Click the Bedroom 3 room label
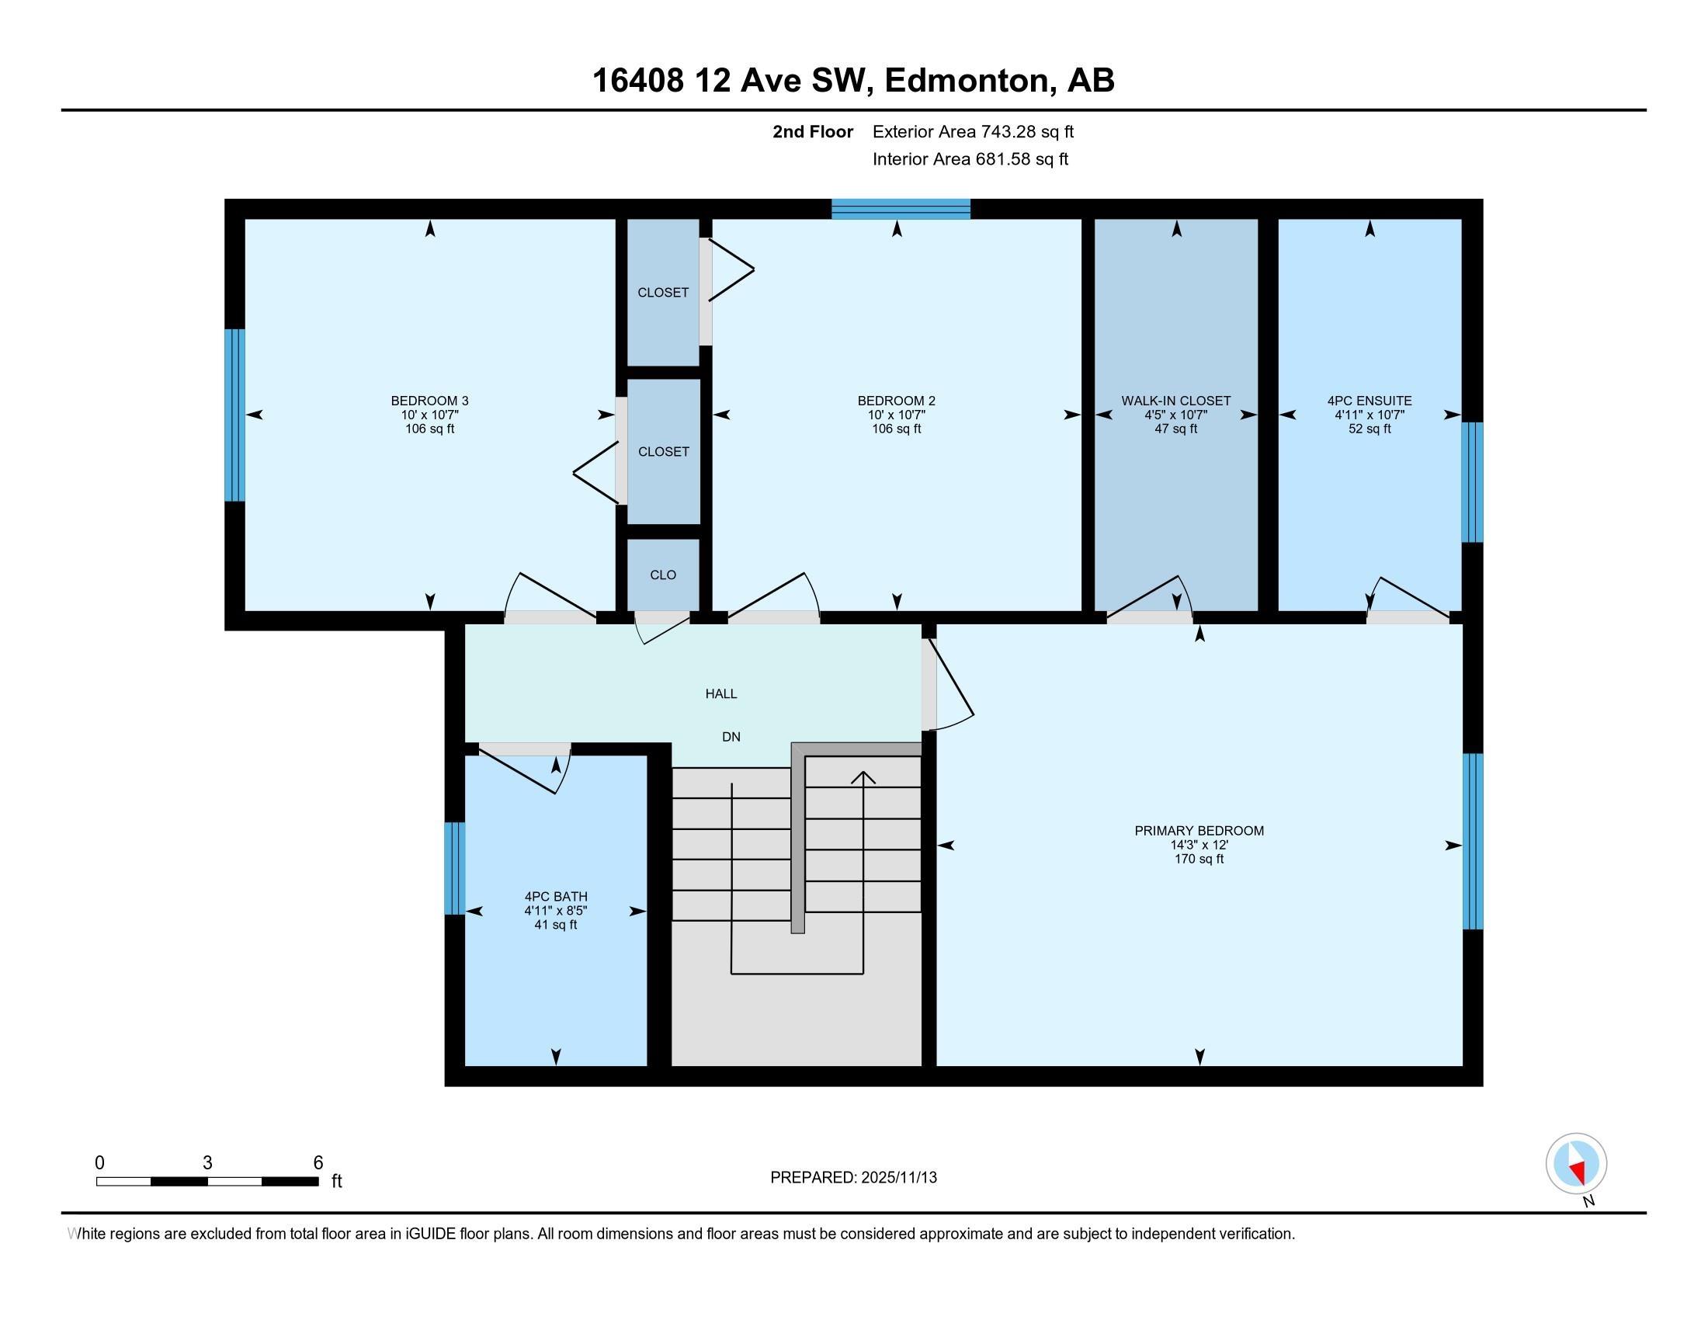coord(429,401)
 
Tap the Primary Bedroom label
coord(1199,831)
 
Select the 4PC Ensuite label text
coord(1370,401)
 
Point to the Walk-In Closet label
coord(1175,401)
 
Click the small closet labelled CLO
coord(663,575)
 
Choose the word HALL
coord(721,693)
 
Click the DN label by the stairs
coord(731,737)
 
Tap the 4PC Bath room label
coord(555,896)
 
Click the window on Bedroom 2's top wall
coord(900,209)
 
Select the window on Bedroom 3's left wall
coord(234,415)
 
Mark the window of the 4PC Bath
coord(454,868)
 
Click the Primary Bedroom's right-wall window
coord(1473,841)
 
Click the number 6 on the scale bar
coord(318,1163)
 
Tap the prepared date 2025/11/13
coord(897,1178)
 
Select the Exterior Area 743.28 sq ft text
coord(973,131)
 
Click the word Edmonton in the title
coord(967,80)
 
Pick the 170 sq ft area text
coord(1199,859)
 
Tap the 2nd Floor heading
coord(813,131)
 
